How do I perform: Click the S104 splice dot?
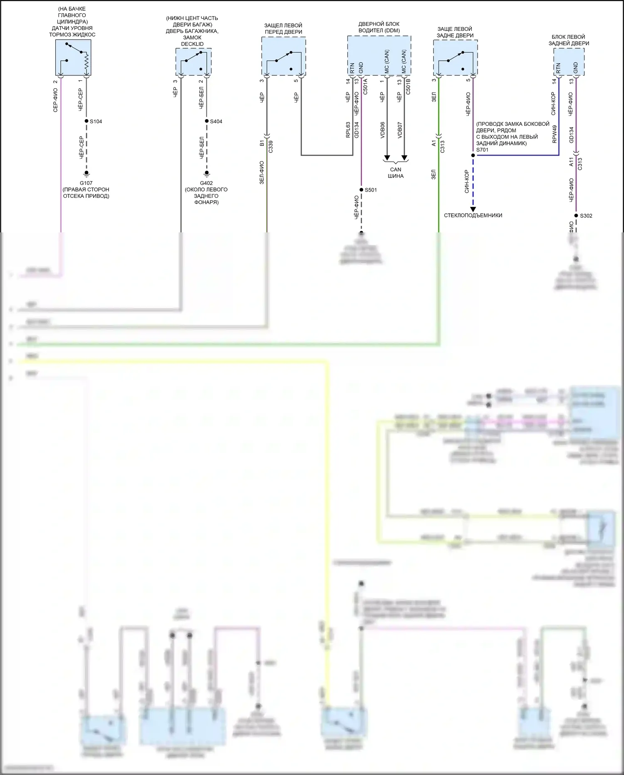click(87, 121)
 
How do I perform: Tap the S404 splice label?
click(216, 122)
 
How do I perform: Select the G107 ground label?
click(86, 183)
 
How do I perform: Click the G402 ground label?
click(206, 183)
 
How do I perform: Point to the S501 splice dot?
click(362, 190)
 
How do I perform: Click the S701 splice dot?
click(473, 155)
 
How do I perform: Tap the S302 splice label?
click(586, 216)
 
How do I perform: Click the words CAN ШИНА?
click(396, 173)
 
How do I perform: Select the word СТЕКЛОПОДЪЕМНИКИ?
click(473, 215)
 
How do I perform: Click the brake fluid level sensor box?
click(73, 57)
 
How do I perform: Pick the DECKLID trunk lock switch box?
click(193, 62)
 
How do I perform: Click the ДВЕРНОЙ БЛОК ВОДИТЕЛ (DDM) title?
click(379, 27)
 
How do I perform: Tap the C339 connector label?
click(271, 146)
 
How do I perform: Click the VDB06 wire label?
click(382, 130)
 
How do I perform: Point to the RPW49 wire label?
click(554, 134)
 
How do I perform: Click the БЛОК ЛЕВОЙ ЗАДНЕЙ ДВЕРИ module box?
click(569, 62)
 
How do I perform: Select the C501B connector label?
click(408, 87)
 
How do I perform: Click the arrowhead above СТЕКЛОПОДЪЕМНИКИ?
click(473, 209)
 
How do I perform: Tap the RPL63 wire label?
click(348, 130)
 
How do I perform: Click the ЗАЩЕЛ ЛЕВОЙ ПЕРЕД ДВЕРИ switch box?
click(284, 56)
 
